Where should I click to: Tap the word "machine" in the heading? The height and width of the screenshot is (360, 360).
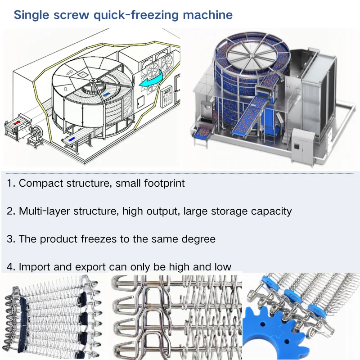point(207,15)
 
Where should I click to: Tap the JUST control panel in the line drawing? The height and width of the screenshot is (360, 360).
point(167,95)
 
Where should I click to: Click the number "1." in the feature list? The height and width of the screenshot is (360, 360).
point(11,183)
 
